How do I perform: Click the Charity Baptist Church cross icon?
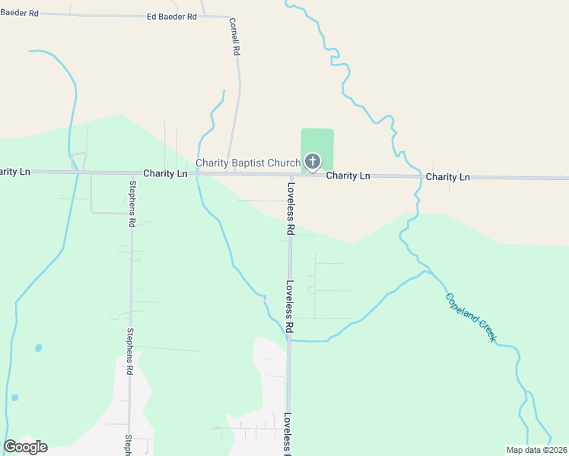tap(312, 161)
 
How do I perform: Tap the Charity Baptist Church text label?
tap(248, 163)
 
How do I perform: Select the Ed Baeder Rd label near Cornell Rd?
tap(171, 16)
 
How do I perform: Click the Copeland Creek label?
tap(470, 317)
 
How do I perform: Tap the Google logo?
tap(25, 446)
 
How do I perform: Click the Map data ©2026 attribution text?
tap(536, 450)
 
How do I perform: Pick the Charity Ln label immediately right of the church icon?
tap(348, 176)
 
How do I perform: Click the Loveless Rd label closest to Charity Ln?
tap(291, 207)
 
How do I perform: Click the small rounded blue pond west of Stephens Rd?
tap(38, 348)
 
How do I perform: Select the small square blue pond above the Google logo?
tap(14, 397)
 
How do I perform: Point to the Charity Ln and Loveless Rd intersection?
tap(290, 174)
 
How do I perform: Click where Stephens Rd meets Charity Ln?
tap(131, 173)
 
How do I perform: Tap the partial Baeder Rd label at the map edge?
tap(19, 13)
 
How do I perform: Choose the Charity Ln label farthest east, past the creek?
tap(448, 176)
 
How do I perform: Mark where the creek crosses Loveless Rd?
tap(289, 340)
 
